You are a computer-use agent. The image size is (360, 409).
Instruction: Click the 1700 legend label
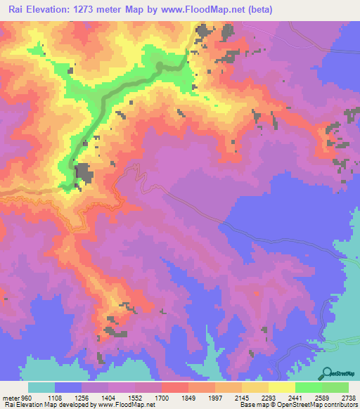click(161, 396)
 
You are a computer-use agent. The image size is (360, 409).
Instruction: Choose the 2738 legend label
click(349, 396)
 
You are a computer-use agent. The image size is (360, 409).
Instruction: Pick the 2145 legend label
click(241, 396)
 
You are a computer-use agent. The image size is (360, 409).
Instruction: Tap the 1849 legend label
click(188, 396)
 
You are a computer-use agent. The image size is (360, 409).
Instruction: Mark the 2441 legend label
click(295, 396)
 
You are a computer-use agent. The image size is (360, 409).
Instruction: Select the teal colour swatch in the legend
click(41, 387)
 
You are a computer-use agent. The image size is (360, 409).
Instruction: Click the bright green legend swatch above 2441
click(309, 387)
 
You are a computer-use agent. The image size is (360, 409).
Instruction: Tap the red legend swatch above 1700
click(175, 387)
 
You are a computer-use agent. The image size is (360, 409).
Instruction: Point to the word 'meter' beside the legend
click(8, 396)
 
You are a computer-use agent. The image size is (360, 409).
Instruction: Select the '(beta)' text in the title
click(258, 10)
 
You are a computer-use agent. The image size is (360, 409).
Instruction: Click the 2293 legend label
click(268, 396)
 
